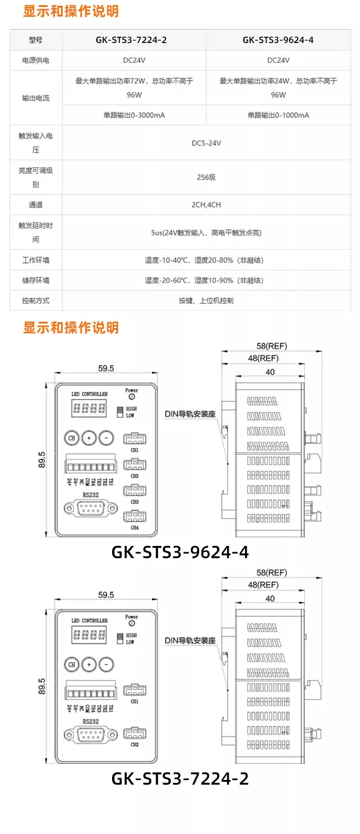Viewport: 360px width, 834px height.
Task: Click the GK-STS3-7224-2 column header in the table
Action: (134, 41)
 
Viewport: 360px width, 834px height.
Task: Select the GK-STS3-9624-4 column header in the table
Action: (278, 41)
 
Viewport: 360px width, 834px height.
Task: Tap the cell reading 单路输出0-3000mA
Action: (134, 115)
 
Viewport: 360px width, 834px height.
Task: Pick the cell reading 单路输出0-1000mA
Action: (278, 115)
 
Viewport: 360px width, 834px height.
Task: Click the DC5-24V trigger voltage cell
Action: (206, 142)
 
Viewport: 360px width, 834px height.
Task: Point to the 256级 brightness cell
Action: (206, 177)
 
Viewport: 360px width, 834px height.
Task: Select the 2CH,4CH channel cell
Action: (206, 204)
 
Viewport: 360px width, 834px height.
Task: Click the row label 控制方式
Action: (35, 301)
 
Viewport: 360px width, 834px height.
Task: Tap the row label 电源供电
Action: (35, 60)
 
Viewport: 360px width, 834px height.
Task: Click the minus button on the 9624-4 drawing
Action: (106, 438)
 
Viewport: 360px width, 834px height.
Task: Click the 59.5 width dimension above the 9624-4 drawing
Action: (106, 368)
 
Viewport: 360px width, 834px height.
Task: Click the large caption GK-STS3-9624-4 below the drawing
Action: (180, 552)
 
